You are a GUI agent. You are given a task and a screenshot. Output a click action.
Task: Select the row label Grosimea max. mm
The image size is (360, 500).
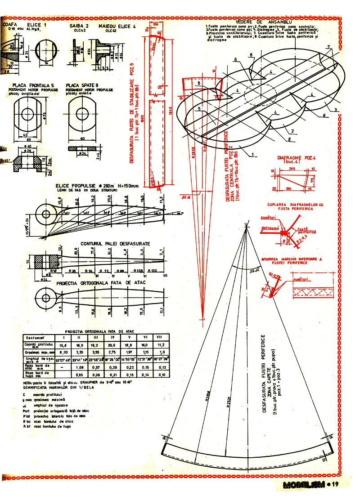(38, 353)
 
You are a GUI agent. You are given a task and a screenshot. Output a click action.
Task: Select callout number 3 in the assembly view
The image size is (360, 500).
(335, 110)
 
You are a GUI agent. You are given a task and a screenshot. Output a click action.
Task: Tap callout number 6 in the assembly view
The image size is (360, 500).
(235, 59)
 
